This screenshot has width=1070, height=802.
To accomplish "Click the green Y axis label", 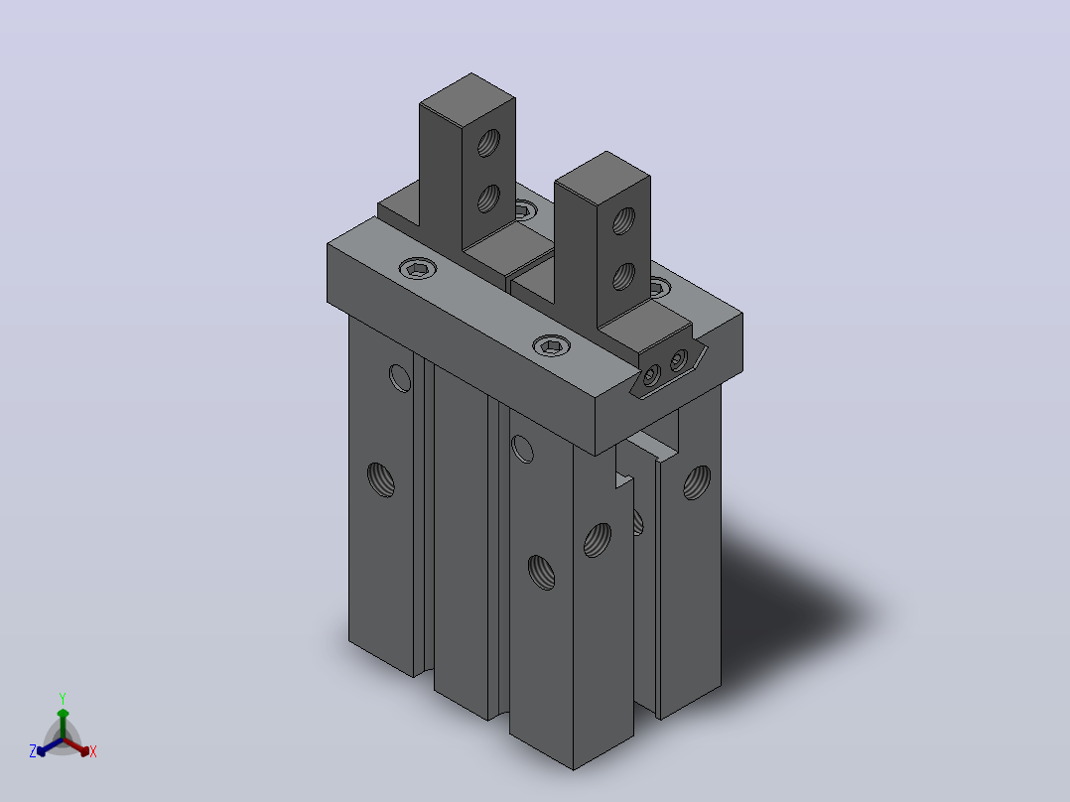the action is [x=63, y=698].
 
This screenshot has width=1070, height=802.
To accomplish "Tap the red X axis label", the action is [x=93, y=751].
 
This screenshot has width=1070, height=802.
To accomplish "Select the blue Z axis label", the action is [x=33, y=751].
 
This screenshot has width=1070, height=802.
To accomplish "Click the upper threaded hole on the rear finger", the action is [x=488, y=143].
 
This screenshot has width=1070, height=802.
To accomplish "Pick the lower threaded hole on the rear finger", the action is [x=488, y=199].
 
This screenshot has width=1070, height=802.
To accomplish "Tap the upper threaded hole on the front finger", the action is [x=623, y=221].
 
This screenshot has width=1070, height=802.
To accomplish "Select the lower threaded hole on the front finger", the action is [x=623, y=277].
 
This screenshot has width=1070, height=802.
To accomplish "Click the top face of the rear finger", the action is [x=468, y=97].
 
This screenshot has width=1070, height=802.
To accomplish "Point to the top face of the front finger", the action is [x=602, y=176].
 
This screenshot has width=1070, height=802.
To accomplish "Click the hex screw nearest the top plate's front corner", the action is [x=552, y=346].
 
